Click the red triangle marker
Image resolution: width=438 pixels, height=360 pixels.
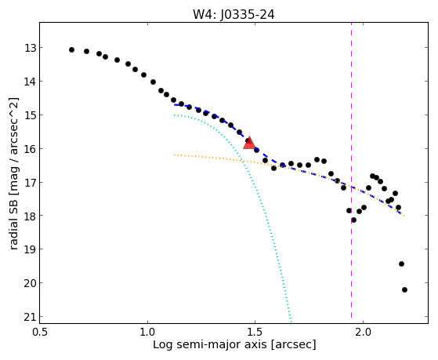pyautogui.click(x=249, y=143)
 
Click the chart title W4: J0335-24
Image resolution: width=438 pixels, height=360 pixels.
pyautogui.click(x=233, y=15)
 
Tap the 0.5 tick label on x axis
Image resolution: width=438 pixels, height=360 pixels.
pyautogui.click(x=40, y=332)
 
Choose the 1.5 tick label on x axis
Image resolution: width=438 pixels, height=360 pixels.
pyautogui.click(x=255, y=332)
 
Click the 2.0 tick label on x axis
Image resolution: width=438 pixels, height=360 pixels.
pyautogui.click(x=363, y=332)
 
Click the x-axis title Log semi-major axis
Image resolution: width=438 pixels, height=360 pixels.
pyautogui.click(x=210, y=344)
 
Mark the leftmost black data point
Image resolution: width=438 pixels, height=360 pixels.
pyautogui.click(x=71, y=49)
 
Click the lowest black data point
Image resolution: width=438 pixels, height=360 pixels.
pyautogui.click(x=404, y=289)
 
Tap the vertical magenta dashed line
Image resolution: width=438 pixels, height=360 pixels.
pyautogui.click(x=351, y=170)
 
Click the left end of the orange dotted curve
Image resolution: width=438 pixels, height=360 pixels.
pyautogui.click(x=174, y=155)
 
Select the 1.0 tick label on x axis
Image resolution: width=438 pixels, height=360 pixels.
pyautogui.click(x=147, y=332)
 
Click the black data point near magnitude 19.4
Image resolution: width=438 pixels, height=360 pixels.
pyautogui.click(x=401, y=264)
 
